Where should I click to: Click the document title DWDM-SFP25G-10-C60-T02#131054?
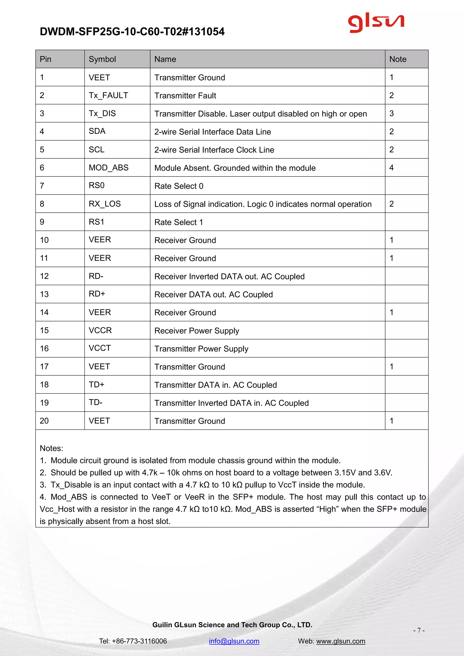[x=132, y=31]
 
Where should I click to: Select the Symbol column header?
[x=102, y=59]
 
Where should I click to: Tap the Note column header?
[x=397, y=59]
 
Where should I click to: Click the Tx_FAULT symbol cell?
[x=108, y=95]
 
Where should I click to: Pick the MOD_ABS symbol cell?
[x=109, y=168]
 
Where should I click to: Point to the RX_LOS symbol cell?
[x=105, y=204]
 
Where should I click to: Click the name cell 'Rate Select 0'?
[x=179, y=186]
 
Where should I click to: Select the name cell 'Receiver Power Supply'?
[x=197, y=330]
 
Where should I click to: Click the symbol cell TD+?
[x=97, y=385]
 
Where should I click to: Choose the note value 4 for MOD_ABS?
[x=391, y=168]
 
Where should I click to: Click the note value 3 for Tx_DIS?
[x=391, y=113]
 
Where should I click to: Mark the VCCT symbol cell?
[x=100, y=348]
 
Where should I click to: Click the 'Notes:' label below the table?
[x=51, y=448]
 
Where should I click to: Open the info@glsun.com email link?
[x=234, y=641]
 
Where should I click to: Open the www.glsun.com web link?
[x=341, y=641]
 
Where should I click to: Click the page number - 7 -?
[x=419, y=630]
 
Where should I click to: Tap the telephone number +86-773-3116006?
[x=139, y=641]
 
